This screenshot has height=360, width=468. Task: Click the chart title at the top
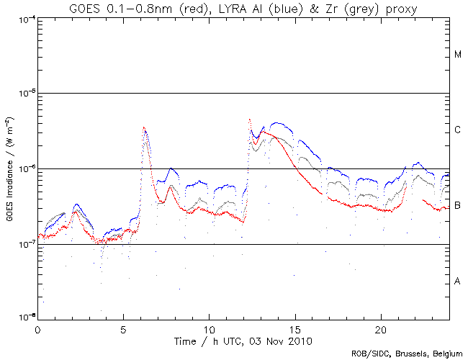tap(243, 8)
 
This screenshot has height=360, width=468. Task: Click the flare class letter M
tap(458, 55)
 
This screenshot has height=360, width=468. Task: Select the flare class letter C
tap(458, 130)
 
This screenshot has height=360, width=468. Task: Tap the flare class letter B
tap(458, 206)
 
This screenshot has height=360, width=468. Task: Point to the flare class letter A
tap(458, 281)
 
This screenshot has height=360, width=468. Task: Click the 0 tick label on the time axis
tap(37, 328)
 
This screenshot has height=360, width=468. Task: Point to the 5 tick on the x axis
tap(123, 328)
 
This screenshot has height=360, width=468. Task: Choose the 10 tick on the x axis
tap(209, 328)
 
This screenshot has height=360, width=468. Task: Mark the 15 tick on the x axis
tap(294, 328)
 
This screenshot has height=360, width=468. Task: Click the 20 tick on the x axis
tap(380, 328)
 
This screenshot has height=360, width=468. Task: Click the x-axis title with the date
tap(243, 339)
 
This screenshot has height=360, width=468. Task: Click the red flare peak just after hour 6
tap(145, 129)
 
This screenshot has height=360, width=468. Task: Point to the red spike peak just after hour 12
tap(249, 120)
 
